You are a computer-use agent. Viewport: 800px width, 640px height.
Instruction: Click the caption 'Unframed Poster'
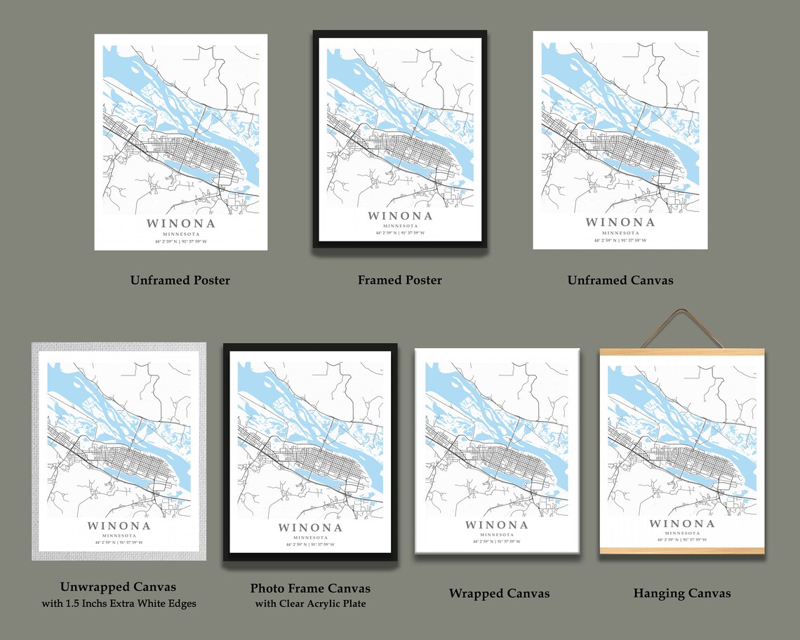[x=180, y=280]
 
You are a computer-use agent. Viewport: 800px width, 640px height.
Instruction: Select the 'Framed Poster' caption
[x=399, y=280]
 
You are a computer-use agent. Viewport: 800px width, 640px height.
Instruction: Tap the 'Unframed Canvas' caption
[x=620, y=280]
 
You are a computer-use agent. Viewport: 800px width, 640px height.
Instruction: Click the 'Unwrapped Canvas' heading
[x=118, y=587]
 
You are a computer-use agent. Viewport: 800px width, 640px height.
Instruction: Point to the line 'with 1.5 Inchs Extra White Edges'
[x=118, y=604]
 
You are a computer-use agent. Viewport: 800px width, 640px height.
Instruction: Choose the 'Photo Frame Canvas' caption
[x=310, y=588]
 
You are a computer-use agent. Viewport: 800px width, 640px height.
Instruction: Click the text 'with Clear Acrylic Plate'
[x=310, y=604]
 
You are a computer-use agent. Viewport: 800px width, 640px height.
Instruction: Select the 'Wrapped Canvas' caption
[x=499, y=594]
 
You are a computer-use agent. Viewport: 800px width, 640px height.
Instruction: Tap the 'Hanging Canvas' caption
[x=681, y=594]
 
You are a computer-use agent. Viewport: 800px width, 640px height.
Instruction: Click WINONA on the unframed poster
[x=180, y=224]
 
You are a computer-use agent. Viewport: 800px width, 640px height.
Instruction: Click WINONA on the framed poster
[x=399, y=216]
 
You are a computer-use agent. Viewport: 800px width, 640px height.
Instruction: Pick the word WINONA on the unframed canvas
[x=620, y=222]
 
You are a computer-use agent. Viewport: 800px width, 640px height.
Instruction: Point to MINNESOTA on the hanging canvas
[x=681, y=533]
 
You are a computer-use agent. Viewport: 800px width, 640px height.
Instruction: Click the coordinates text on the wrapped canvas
[x=496, y=542]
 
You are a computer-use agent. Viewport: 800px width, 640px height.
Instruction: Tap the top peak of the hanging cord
[x=681, y=311]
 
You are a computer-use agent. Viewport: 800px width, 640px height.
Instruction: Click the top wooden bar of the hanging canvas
[x=681, y=352]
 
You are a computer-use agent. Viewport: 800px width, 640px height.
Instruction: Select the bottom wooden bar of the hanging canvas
[x=681, y=549]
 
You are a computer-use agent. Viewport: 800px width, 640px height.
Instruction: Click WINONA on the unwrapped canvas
[x=119, y=526]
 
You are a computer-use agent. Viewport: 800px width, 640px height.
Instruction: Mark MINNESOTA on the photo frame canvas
[x=309, y=537]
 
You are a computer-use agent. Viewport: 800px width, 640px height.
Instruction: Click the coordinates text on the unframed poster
[x=180, y=241]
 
